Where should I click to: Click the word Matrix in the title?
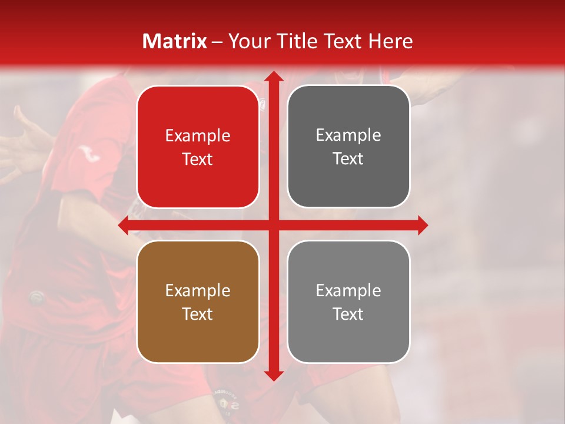[175, 41]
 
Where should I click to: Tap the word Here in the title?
[390, 41]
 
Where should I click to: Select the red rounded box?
[198, 147]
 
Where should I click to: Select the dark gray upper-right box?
[348, 147]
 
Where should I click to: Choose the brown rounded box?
[198, 302]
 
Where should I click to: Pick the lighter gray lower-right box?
[348, 302]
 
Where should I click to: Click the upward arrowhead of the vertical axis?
[273, 77]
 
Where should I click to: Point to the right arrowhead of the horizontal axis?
[422, 226]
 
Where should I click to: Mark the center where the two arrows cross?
[273, 226]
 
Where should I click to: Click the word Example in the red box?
[198, 135]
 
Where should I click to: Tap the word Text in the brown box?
[198, 314]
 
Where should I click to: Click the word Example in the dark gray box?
[348, 135]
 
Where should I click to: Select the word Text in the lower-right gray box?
[348, 314]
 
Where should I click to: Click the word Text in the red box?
[198, 159]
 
